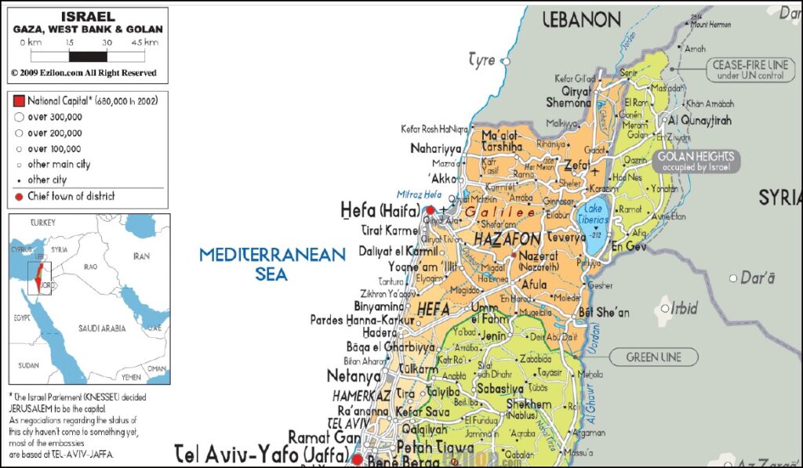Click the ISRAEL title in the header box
coord(87,16)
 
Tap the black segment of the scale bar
coord(88,56)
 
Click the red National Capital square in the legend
coord(19,101)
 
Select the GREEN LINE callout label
coord(653,357)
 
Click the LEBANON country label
coord(582,20)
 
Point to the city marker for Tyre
coord(507,60)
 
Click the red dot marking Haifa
coord(430,210)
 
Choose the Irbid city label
coord(684,309)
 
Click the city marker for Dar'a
coord(733,278)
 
